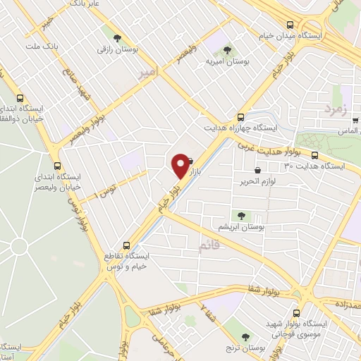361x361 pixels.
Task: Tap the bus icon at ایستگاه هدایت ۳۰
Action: (314, 155)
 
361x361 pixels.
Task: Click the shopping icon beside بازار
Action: (191, 161)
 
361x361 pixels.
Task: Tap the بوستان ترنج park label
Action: (245, 348)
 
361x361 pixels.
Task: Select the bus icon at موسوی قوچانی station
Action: (296, 312)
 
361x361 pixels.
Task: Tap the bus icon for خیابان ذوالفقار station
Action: (19, 98)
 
